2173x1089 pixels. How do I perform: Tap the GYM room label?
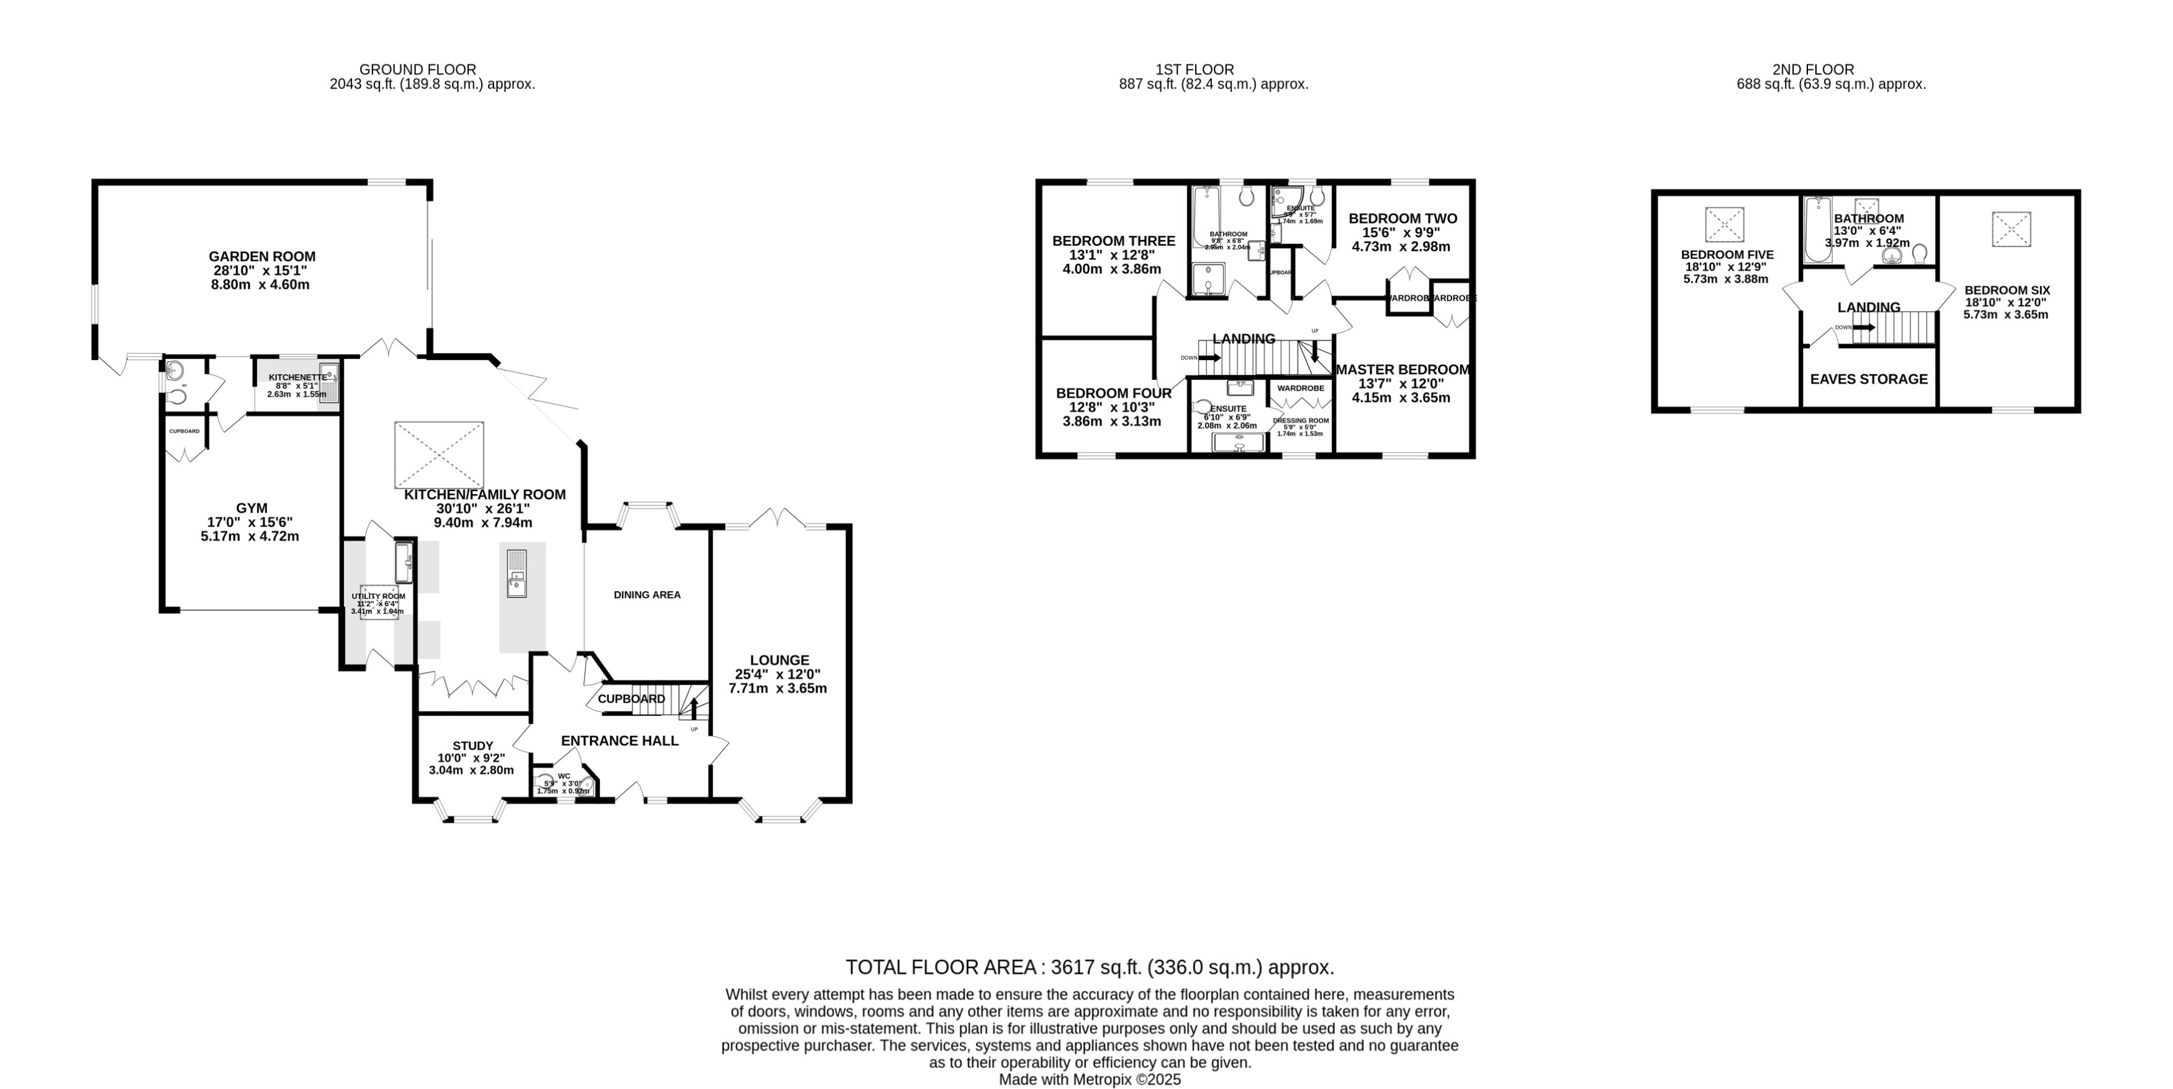click(x=251, y=508)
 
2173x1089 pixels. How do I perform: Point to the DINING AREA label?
click(x=646, y=595)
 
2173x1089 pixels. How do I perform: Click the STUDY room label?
click(x=472, y=746)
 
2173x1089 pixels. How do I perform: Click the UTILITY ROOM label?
click(x=378, y=597)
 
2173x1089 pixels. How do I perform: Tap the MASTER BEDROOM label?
click(x=1402, y=369)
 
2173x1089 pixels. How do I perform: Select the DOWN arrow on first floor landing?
click(x=1209, y=358)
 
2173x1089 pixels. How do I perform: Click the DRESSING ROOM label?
click(x=1300, y=420)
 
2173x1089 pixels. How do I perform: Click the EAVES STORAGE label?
click(x=1869, y=379)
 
